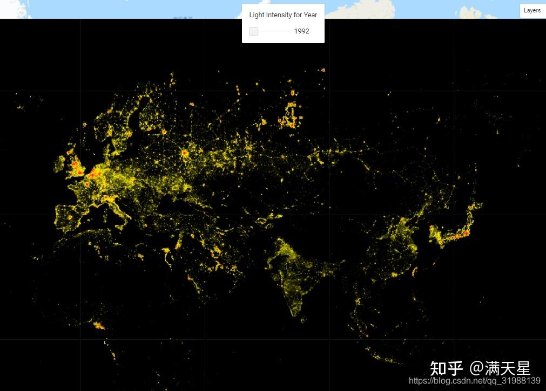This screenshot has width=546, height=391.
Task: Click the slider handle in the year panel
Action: pos(254,31)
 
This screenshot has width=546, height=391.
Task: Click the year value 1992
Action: pos(301,31)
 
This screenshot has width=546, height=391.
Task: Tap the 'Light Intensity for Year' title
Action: pos(283,15)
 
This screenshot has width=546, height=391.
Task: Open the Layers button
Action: pos(532,10)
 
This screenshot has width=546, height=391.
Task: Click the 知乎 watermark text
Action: pos(447,368)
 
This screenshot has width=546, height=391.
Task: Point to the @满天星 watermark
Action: pos(500,368)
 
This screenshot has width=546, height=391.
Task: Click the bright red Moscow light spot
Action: pos(185,153)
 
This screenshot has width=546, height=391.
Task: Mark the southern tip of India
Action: pos(294,313)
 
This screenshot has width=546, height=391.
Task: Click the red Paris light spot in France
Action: pos(87,184)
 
